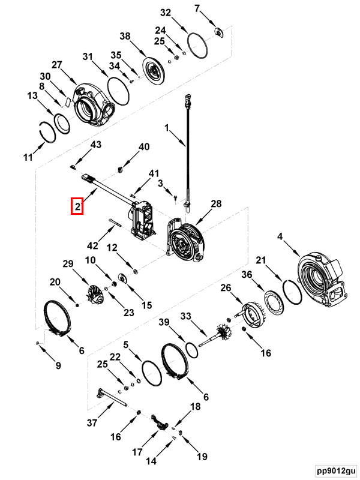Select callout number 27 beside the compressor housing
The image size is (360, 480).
tap(56, 65)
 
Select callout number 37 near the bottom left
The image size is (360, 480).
tap(91, 422)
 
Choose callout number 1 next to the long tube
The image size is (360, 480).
tap(168, 128)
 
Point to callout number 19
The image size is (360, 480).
tap(202, 457)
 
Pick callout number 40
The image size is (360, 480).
tap(144, 147)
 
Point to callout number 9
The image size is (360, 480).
tap(58, 365)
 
